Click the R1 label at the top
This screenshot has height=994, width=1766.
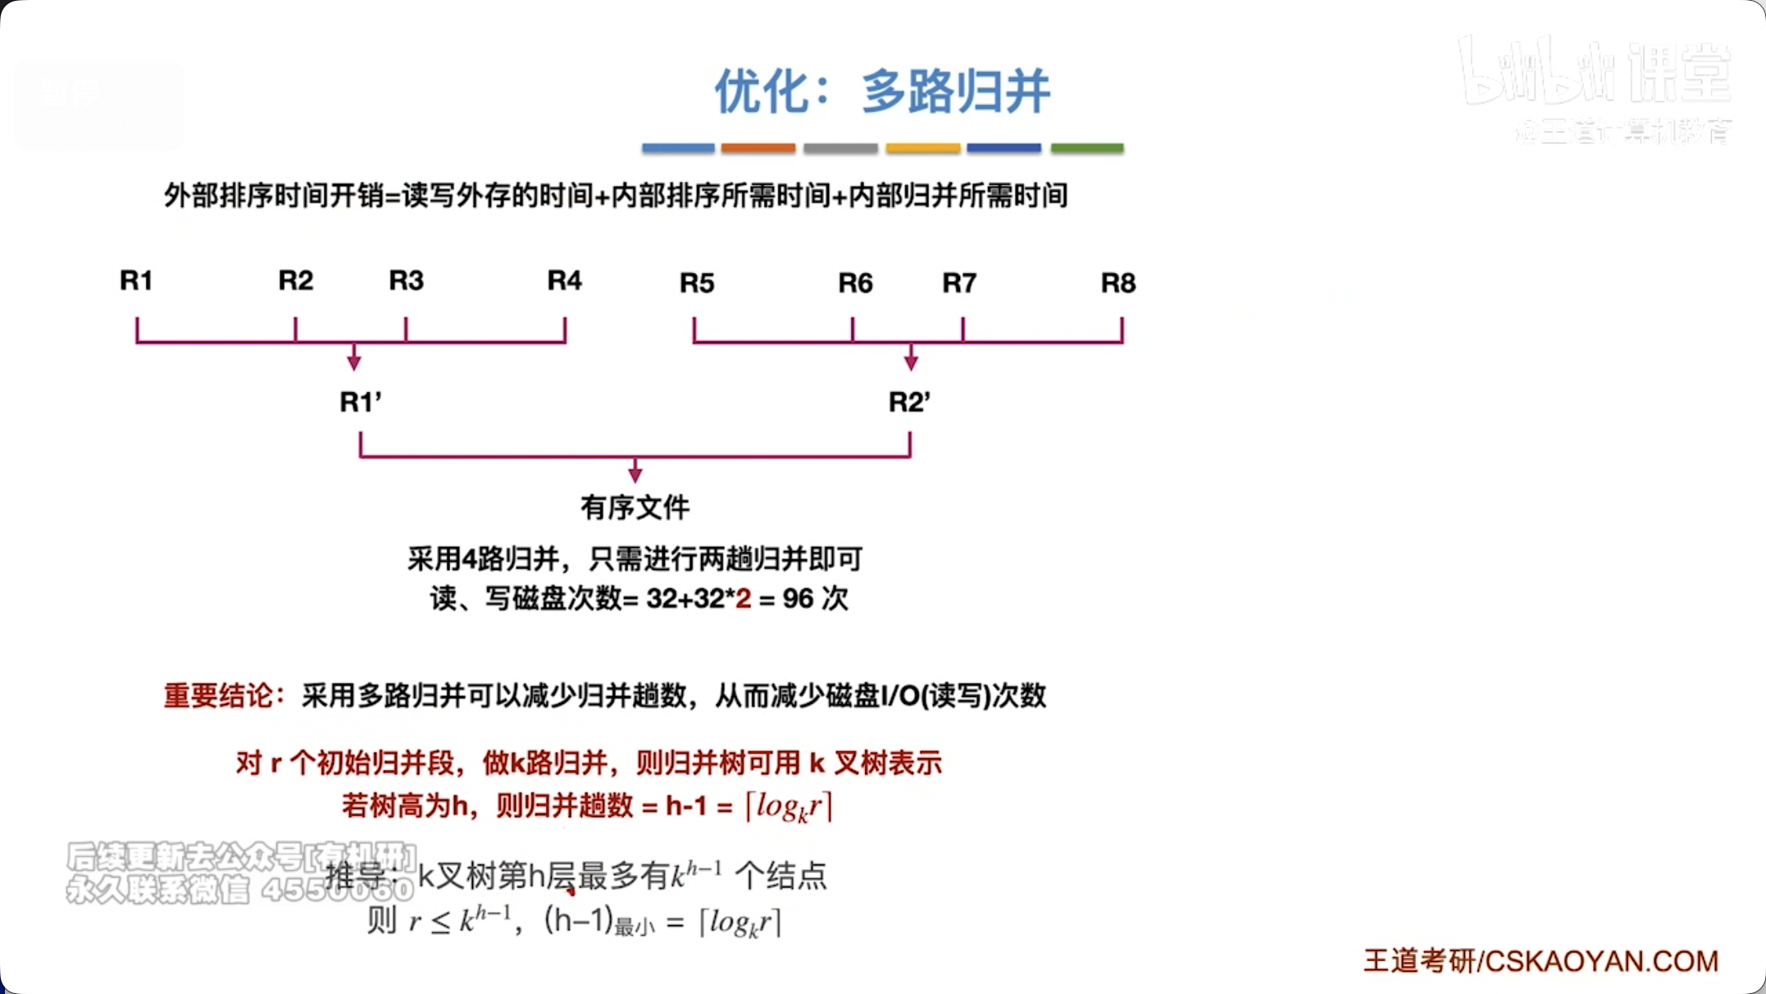point(136,280)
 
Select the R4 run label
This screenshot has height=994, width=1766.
point(564,280)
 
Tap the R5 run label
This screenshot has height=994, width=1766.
point(697,283)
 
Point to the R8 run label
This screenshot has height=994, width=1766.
point(1117,283)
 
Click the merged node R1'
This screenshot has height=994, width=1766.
point(360,402)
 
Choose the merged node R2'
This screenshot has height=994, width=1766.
point(909,402)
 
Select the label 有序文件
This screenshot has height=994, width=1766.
point(635,508)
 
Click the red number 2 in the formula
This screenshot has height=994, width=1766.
point(743,599)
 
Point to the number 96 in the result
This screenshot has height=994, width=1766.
point(798,599)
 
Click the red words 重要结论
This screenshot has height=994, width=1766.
point(219,695)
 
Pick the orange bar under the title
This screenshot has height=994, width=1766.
point(758,148)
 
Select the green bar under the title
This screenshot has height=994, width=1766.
point(1087,148)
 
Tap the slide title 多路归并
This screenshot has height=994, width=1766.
point(955,91)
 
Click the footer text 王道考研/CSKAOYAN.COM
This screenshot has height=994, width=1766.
point(1541,960)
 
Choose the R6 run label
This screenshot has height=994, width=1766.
point(855,283)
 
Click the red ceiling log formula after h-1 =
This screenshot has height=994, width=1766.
point(789,806)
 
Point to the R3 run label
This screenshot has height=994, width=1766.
point(406,280)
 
